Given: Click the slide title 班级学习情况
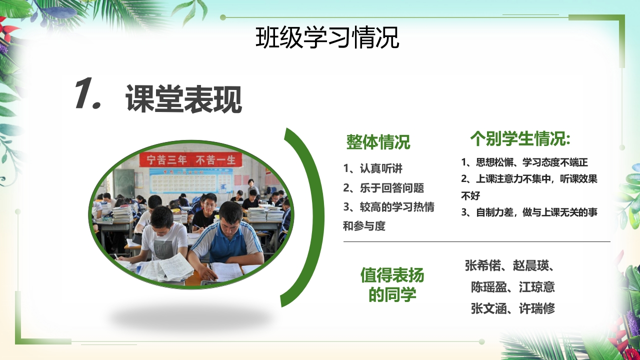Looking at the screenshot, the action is click(327, 37).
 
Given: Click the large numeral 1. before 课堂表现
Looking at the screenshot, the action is click(88, 93).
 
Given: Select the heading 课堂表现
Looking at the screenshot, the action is click(183, 99).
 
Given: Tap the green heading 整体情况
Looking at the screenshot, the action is click(378, 142).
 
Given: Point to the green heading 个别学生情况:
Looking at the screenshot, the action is click(520, 138).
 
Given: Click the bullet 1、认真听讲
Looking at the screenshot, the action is click(372, 168).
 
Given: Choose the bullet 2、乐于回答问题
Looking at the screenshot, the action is click(383, 187).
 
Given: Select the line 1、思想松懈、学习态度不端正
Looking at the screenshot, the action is click(524, 162).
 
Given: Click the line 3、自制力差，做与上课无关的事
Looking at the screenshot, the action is click(529, 212).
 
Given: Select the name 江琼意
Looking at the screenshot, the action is click(537, 287).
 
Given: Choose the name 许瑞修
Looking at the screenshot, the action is click(537, 308).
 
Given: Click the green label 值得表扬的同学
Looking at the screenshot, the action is click(392, 285).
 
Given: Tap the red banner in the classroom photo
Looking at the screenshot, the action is click(191, 160).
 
